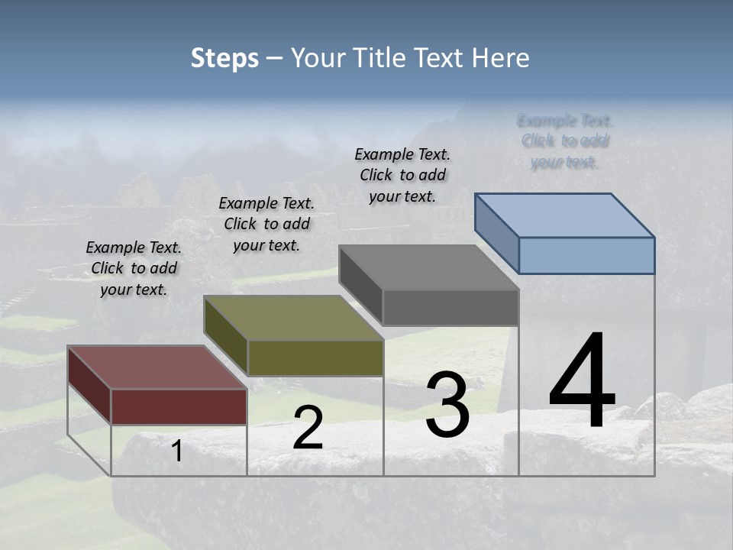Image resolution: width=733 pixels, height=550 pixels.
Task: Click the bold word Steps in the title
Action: click(224, 58)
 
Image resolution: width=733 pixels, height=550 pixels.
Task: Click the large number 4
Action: click(582, 382)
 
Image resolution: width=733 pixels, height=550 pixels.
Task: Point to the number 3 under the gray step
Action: click(447, 406)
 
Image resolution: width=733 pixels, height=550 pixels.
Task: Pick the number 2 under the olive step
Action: click(308, 428)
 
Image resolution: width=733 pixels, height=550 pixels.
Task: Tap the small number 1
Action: click(177, 451)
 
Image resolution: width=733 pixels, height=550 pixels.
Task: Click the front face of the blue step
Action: click(586, 255)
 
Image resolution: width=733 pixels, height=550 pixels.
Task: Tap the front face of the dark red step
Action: click(179, 406)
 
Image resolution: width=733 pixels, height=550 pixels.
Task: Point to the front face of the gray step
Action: click(450, 308)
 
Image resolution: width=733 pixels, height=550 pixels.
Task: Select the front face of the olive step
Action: click(315, 357)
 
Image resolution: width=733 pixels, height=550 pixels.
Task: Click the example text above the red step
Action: click(134, 268)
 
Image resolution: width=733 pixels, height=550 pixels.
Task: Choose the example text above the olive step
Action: click(266, 224)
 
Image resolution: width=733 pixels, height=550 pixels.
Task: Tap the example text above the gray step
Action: click(402, 175)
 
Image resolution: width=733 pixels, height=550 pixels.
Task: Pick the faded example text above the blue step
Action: click(565, 141)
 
